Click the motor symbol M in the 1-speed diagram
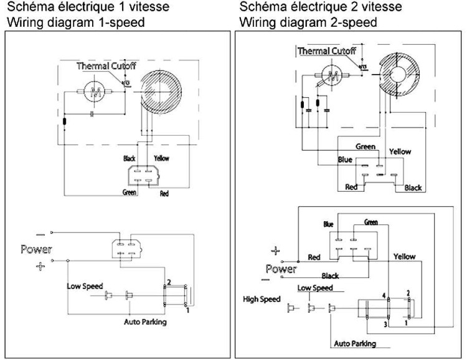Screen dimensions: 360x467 (x=96, y=93)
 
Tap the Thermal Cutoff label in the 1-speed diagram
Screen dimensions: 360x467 (x=106, y=65)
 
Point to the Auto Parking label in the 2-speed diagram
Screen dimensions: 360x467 (x=355, y=343)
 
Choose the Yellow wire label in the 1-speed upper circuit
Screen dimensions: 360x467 (x=161, y=158)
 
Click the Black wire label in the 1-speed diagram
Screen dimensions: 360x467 (x=130, y=158)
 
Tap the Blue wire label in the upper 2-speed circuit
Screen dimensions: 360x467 (x=346, y=159)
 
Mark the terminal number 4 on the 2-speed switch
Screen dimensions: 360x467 (x=384, y=295)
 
